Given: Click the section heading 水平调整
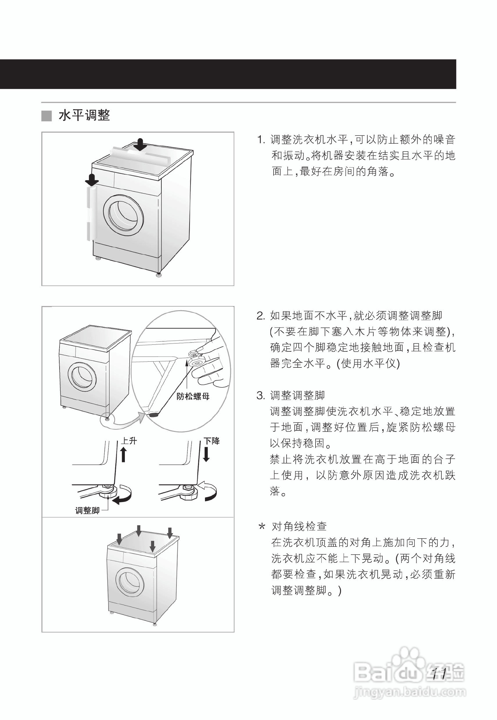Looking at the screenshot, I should coord(84,116).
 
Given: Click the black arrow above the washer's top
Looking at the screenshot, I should coord(141,145).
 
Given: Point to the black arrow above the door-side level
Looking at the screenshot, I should coord(92,180).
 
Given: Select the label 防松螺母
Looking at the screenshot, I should coord(193,396).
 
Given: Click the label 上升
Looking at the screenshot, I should coord(129,441).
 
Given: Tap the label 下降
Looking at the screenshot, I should coord(212,441).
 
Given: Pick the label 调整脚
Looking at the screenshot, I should coord(87,510).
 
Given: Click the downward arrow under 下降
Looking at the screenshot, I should coord(206,454).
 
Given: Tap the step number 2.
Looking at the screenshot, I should coord(260,316).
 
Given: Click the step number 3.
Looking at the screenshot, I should coord(260,396).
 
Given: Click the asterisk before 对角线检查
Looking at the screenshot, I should coord(262,527).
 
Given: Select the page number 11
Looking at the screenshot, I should coord(440,674).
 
